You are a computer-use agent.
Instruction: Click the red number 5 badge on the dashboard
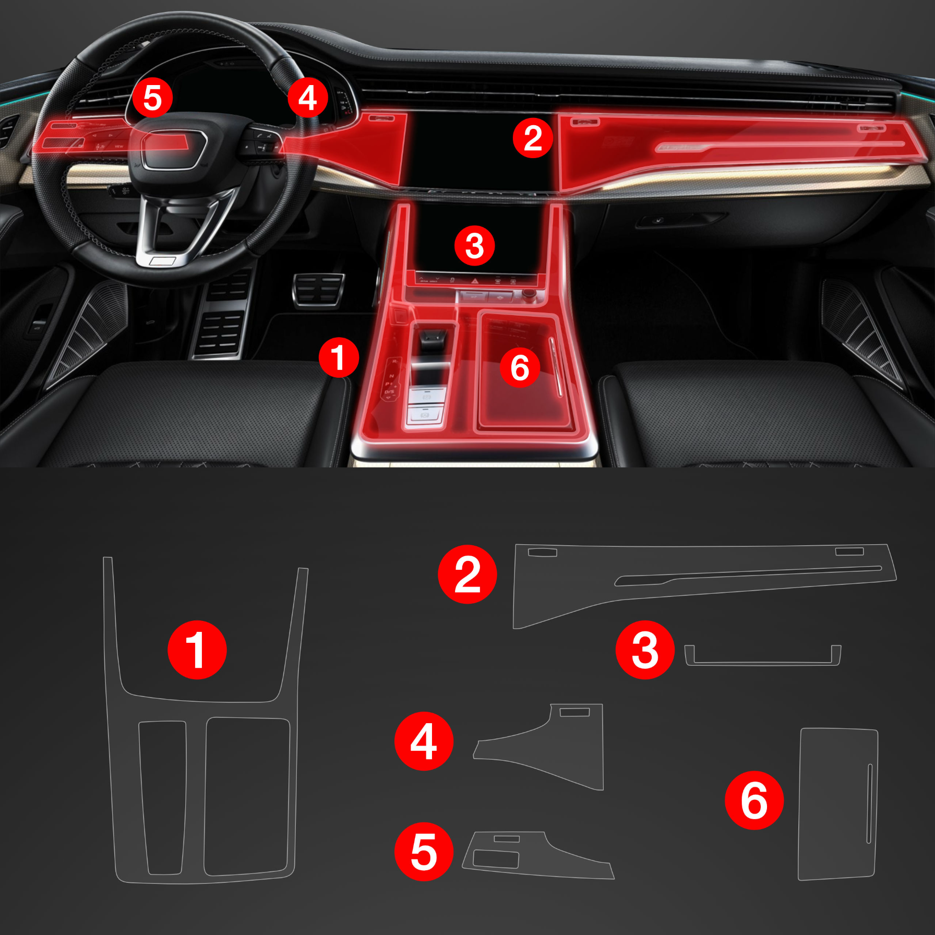pyautogui.click(x=152, y=98)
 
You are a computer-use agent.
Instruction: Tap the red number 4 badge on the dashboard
pyautogui.click(x=308, y=98)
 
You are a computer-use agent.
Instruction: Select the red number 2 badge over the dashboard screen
pyautogui.click(x=533, y=138)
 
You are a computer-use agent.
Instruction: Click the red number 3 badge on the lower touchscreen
pyautogui.click(x=474, y=246)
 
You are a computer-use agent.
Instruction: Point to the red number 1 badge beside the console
pyautogui.click(x=339, y=357)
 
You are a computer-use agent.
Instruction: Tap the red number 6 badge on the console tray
pyautogui.click(x=520, y=368)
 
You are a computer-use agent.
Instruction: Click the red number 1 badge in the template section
pyautogui.click(x=197, y=650)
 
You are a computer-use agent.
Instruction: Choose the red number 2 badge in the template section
pyautogui.click(x=468, y=574)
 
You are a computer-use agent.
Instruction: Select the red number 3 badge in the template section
pyautogui.click(x=645, y=650)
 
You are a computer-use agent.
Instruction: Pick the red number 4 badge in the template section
pyautogui.click(x=424, y=741)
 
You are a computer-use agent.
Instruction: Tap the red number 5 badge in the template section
pyautogui.click(x=424, y=852)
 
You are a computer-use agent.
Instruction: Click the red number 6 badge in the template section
pyautogui.click(x=754, y=800)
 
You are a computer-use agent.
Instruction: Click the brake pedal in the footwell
pyautogui.click(x=318, y=290)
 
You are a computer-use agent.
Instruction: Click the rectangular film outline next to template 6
pyautogui.click(x=838, y=804)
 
